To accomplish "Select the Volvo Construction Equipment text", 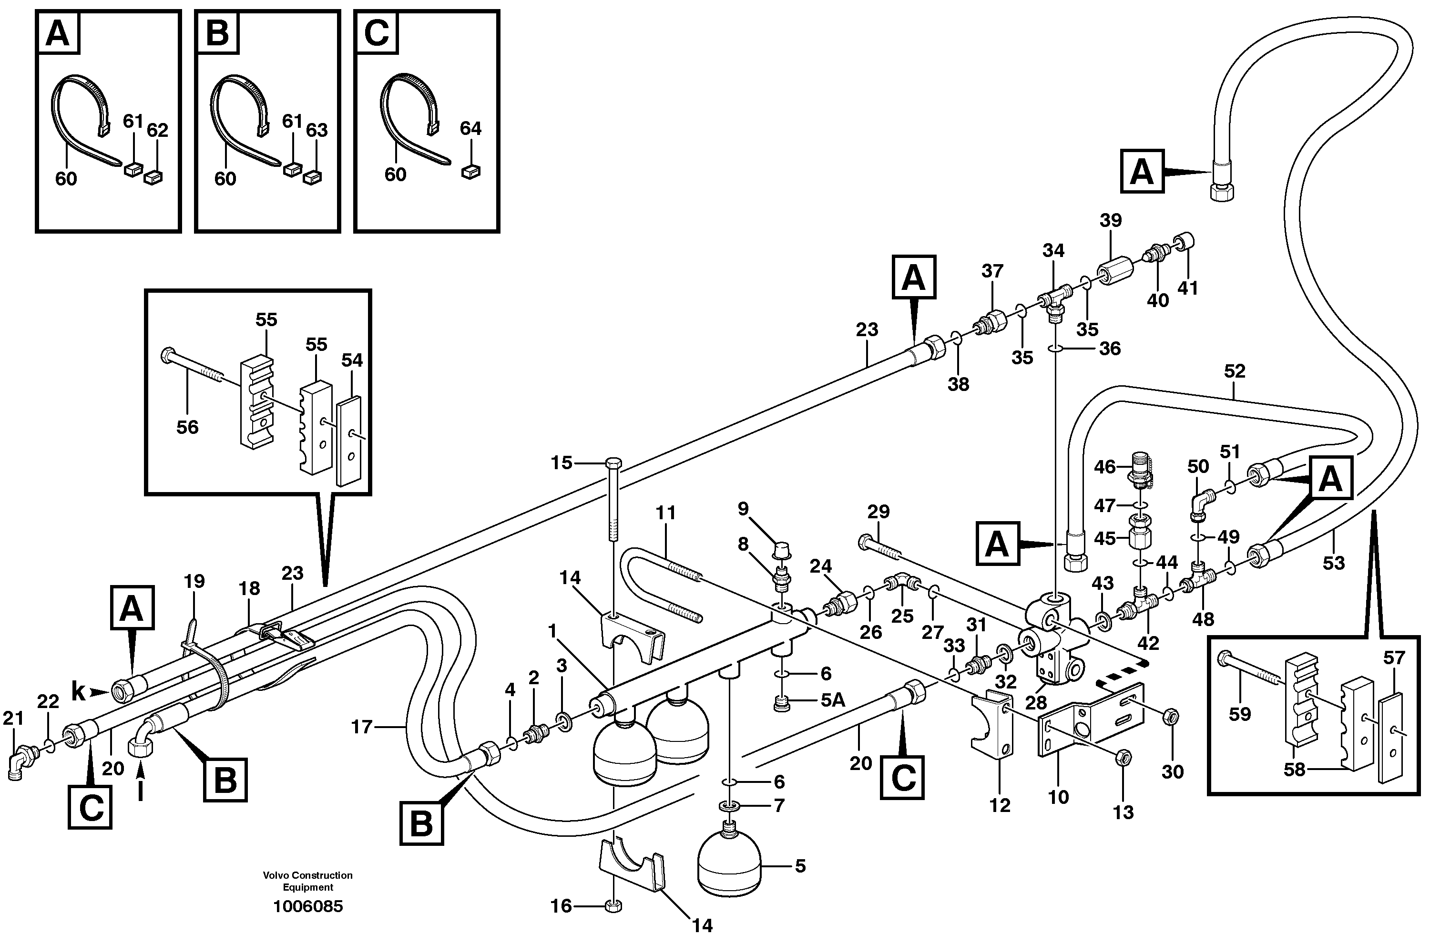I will click(x=307, y=881).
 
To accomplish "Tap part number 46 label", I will click(x=1104, y=467).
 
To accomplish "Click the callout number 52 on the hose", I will click(x=1234, y=371).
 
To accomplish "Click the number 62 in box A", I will click(x=157, y=130).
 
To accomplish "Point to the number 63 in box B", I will click(x=317, y=130).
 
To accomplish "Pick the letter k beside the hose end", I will click(x=78, y=692).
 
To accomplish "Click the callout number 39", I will click(x=1110, y=221).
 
